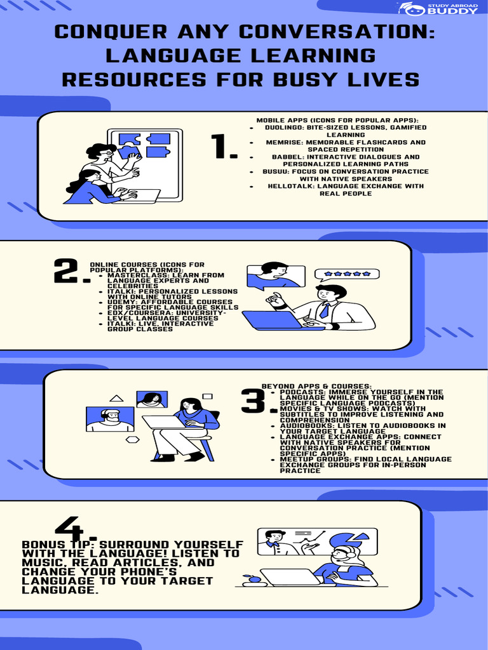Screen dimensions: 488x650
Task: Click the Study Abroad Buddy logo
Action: coord(438,9)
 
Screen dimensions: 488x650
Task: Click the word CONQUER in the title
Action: coord(111,32)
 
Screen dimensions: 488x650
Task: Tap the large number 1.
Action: coord(224,147)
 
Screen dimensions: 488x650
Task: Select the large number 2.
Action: coord(71,271)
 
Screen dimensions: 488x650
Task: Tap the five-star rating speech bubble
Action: coord(347,274)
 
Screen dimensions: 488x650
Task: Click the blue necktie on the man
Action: coord(324,310)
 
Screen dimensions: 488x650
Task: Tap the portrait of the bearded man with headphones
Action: coord(110,419)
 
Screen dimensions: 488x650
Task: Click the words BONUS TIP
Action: coord(58,544)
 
